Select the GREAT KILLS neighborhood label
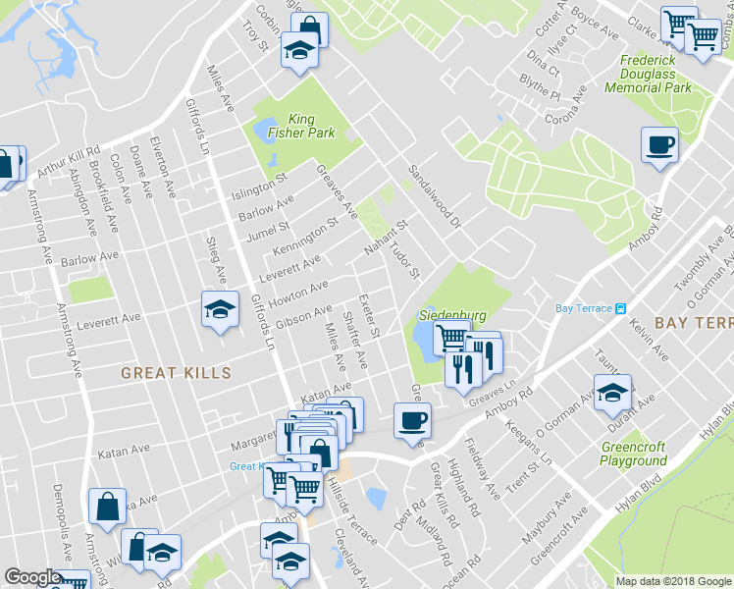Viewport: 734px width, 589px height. tap(176, 373)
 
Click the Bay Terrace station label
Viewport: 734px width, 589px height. tap(585, 308)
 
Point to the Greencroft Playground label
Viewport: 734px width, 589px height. tap(633, 455)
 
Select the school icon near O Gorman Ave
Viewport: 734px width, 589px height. tap(613, 394)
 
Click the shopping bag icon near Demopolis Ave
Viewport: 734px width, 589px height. tap(107, 507)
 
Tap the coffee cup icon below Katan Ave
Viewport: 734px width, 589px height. tap(412, 420)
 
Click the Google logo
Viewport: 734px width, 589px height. tap(32, 577)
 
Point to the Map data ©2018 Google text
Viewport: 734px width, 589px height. tap(673, 581)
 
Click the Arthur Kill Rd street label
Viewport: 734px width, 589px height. tap(69, 162)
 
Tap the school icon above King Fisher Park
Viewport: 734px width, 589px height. tap(298, 51)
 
